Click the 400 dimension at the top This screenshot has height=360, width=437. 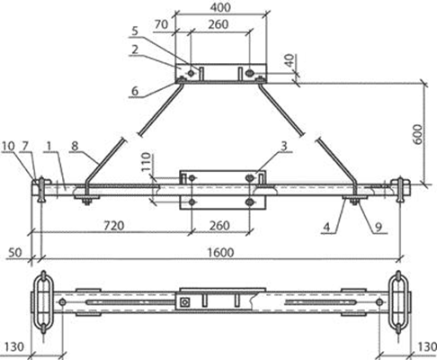(x=220, y=7)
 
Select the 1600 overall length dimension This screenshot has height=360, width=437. (x=220, y=253)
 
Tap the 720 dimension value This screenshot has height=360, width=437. (x=114, y=226)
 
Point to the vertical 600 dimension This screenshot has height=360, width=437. (x=418, y=134)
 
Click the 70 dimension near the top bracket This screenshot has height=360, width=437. (x=162, y=24)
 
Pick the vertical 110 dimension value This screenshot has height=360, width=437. (x=146, y=162)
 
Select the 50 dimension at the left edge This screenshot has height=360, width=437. (x=14, y=253)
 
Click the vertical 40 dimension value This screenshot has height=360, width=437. (x=290, y=60)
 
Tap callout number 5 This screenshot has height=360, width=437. (x=135, y=31)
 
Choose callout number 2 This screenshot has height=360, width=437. (x=135, y=49)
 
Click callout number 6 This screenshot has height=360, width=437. (x=135, y=91)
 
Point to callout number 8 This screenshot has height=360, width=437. (x=75, y=146)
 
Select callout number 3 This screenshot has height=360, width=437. (x=284, y=146)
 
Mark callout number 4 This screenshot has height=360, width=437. (x=327, y=227)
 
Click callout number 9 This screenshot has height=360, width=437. (x=379, y=227)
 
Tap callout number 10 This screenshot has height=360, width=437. (x=8, y=146)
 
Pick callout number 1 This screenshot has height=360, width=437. (x=49, y=146)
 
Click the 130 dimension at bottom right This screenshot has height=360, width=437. (x=427, y=347)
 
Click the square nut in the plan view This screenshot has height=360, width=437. (x=185, y=302)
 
